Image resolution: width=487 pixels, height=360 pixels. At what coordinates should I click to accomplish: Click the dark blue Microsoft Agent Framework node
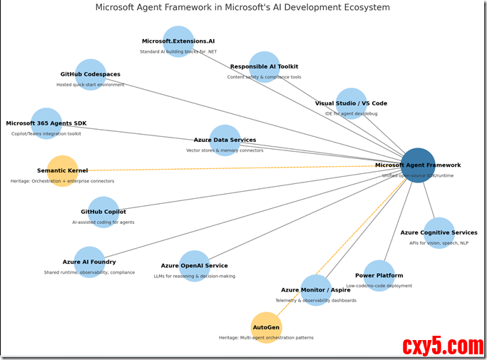(418, 165)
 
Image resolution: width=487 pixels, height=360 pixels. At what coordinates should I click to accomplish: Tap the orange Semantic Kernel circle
(62, 171)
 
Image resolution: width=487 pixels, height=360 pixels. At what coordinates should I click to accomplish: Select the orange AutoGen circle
(267, 327)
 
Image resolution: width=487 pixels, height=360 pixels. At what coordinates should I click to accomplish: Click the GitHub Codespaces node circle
(91, 74)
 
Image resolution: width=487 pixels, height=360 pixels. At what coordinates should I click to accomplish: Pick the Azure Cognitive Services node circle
(439, 232)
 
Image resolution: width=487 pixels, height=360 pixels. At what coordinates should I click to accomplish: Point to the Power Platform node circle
(379, 275)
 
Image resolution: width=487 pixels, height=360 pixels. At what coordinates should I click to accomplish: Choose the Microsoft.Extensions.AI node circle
(178, 41)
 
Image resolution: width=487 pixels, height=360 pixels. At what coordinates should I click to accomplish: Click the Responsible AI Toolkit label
(264, 67)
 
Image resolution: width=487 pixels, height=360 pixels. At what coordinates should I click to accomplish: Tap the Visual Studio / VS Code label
(351, 103)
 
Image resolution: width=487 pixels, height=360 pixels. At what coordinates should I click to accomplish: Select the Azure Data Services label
(225, 140)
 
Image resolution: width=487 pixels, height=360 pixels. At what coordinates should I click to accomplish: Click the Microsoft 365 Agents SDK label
(46, 123)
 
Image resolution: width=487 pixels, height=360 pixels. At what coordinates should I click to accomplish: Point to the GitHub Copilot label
(103, 212)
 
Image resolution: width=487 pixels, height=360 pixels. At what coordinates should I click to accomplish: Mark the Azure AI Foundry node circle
(89, 262)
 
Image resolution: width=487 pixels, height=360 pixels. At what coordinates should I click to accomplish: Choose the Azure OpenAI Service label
(195, 266)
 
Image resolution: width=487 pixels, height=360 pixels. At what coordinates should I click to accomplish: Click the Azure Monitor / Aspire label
(316, 290)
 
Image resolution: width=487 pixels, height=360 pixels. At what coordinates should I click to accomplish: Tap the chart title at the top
(243, 8)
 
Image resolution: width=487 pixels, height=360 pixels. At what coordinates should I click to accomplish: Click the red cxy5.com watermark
(443, 346)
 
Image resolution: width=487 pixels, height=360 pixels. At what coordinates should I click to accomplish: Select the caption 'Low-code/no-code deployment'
(379, 286)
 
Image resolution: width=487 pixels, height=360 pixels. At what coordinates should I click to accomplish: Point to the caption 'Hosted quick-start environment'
(91, 85)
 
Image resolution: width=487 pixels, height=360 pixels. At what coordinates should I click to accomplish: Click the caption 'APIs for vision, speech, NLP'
(439, 243)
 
